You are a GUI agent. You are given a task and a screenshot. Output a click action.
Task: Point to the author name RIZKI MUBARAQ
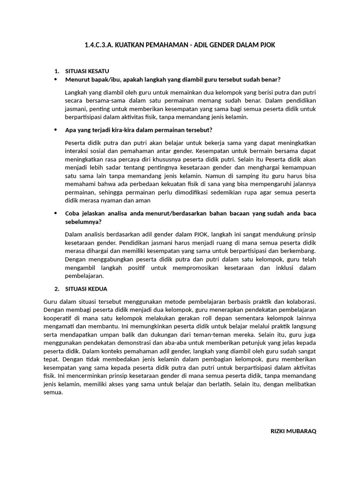pyautogui.click(x=294, y=431)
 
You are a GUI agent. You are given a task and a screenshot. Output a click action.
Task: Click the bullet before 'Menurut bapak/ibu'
pyautogui.click(x=56, y=79)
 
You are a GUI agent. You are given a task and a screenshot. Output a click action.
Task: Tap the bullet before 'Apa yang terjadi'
pyautogui.click(x=56, y=129)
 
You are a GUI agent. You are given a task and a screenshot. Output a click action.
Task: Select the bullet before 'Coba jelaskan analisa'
pyautogui.click(x=56, y=213)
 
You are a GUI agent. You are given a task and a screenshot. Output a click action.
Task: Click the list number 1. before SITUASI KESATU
pyautogui.click(x=57, y=71)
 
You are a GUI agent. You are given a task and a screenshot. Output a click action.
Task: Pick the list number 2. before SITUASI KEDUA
pyautogui.click(x=57, y=288)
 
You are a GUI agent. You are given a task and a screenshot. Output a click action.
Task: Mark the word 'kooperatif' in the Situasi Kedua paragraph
pyautogui.click(x=58, y=319)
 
